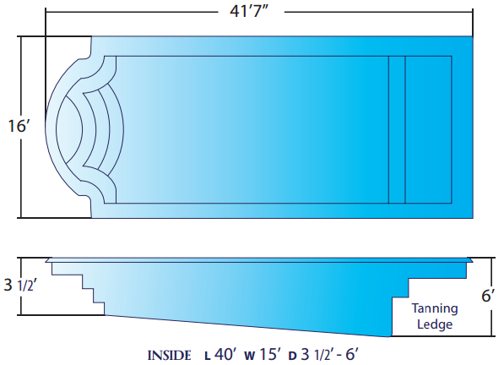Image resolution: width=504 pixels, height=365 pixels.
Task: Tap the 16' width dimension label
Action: (19, 127)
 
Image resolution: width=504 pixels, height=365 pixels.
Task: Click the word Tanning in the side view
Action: (434, 308)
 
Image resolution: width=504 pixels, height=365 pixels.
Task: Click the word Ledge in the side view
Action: (434, 324)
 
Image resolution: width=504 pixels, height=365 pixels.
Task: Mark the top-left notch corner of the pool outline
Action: (91, 37)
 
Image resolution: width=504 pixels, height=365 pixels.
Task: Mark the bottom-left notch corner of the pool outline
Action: (91, 217)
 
